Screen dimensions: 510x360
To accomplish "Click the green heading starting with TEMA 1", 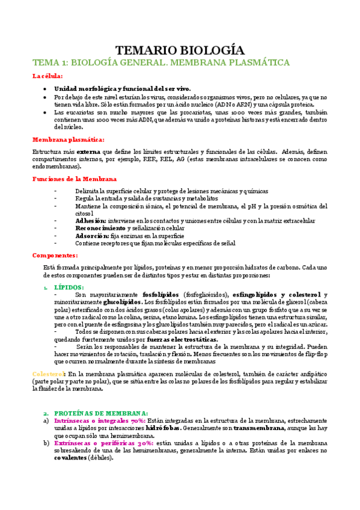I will [161, 63].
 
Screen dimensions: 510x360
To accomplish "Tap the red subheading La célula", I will [46, 76].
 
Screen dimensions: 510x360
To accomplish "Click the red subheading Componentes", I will [55, 255].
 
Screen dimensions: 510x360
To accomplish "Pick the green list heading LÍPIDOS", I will [70, 287].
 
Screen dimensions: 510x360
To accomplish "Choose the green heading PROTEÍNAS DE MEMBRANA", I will [101, 413].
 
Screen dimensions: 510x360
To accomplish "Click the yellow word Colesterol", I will [47, 374].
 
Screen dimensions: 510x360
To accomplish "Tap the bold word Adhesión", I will [90, 221].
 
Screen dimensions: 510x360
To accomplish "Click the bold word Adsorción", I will [91, 236].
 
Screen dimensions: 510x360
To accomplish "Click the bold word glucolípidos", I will [123, 302].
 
